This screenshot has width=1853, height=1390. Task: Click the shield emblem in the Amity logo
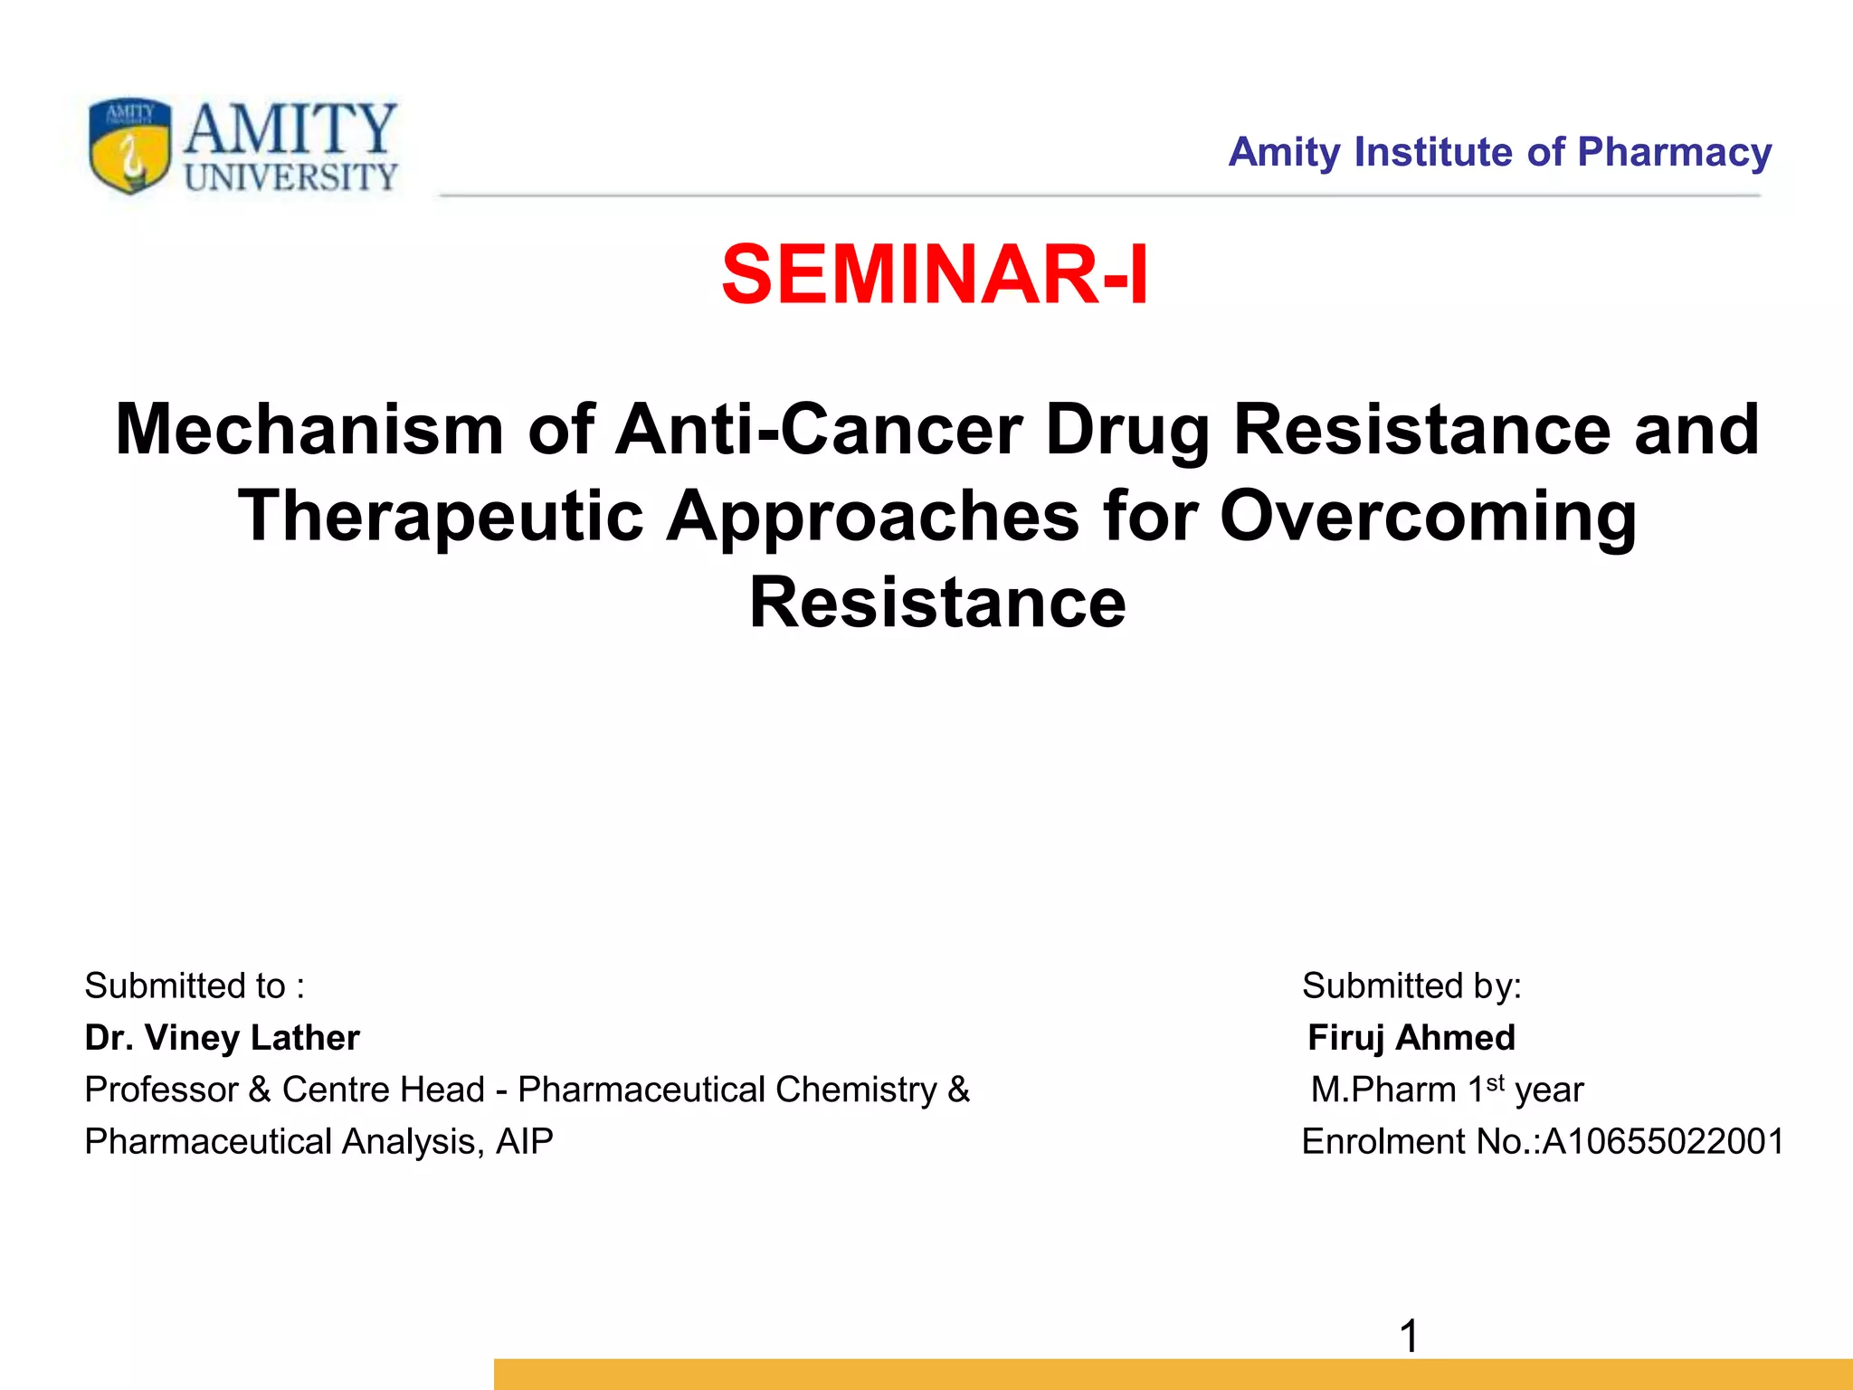(130, 145)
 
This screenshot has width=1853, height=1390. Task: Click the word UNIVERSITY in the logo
(290, 177)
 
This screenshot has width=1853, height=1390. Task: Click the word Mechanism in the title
(309, 429)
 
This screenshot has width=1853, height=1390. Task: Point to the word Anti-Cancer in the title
(818, 429)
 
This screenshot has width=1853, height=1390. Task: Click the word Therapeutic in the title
(441, 516)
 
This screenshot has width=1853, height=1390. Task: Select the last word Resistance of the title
(937, 603)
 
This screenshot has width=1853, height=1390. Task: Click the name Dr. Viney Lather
(222, 1037)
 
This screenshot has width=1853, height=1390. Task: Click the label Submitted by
(1411, 985)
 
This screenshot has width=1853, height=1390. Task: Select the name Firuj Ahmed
(1411, 1037)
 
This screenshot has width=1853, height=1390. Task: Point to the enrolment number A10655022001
(1663, 1141)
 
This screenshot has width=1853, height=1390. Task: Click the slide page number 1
(1409, 1336)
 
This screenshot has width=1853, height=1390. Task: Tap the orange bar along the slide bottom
(1173, 1374)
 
